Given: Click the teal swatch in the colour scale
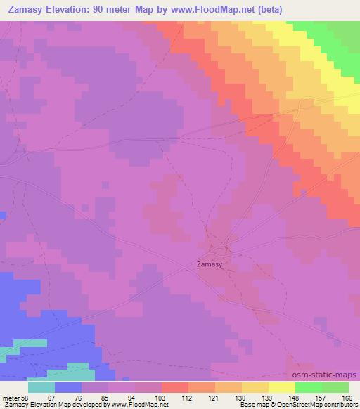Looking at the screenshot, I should click(41, 387).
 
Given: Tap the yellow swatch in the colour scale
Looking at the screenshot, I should click(282, 387).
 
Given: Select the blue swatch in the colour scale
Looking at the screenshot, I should click(68, 387).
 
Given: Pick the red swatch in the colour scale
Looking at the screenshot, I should click(175, 387).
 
